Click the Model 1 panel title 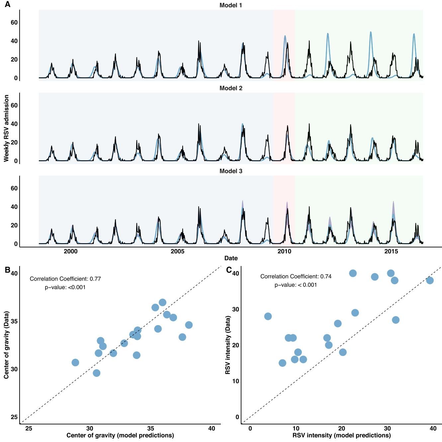[x=230, y=5]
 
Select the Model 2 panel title [x=230, y=88]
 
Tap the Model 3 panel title [x=230, y=171]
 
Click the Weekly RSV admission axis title [x=6, y=128]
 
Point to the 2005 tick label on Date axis [x=177, y=251]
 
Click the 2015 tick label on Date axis [x=391, y=251]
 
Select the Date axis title [x=231, y=258]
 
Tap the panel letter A [x=7, y=5]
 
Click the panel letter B [x=7, y=270]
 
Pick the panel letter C [x=229, y=270]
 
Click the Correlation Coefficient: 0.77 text [x=65, y=279]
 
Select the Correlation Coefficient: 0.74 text [x=296, y=276]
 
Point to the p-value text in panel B [x=65, y=287]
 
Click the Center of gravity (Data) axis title [x=6, y=345]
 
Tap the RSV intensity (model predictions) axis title [x=341, y=435]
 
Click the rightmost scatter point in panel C [x=430, y=281]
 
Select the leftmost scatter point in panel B [x=75, y=362]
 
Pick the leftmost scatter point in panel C [x=268, y=316]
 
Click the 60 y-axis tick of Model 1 [x=14, y=23]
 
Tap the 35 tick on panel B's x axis [x=151, y=429]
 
